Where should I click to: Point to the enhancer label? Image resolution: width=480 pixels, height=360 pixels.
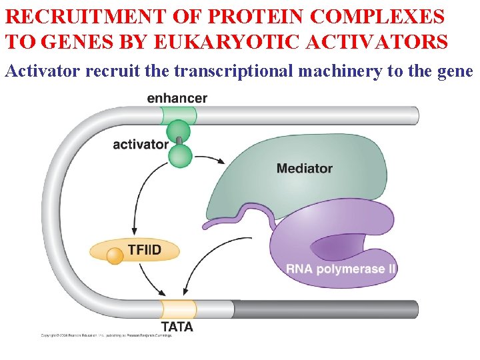coord(177,98)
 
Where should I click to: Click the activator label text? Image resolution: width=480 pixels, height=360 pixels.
coord(140,144)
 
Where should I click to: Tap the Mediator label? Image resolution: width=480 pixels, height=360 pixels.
coord(304,169)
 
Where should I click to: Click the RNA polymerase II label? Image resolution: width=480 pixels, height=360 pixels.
coord(341,269)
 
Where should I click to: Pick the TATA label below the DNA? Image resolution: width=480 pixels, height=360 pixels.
coord(177,327)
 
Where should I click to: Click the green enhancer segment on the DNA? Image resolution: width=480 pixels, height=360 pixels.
coord(179,115)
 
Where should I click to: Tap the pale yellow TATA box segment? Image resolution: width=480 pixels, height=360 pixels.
coord(178,309)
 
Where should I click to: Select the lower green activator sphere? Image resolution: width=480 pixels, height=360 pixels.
coord(180,157)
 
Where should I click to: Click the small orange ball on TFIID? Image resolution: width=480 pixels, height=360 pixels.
coord(115,255)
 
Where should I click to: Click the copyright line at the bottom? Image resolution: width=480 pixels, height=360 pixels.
coord(106,335)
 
